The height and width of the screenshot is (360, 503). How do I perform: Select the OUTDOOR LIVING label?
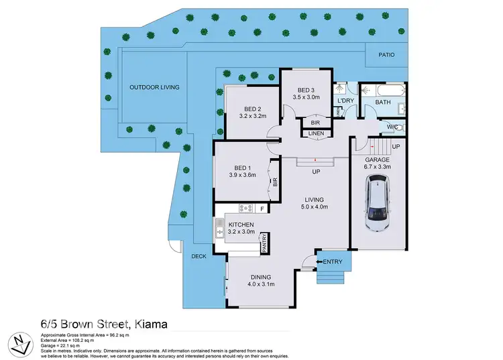[x=154, y=87]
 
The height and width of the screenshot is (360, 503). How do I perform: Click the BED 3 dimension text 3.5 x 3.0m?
[x=307, y=97]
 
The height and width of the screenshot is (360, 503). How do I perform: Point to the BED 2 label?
[x=252, y=109]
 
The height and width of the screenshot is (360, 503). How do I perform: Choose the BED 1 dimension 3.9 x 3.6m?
[x=243, y=175]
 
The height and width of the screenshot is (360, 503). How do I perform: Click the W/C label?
[x=392, y=127]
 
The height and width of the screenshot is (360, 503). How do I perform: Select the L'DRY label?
[x=345, y=101]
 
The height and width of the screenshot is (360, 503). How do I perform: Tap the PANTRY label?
[x=266, y=241]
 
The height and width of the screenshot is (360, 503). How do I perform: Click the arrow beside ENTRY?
[x=319, y=261]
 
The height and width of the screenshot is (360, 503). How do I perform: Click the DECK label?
[x=199, y=255]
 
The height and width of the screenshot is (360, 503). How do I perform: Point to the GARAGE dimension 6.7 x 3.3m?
[x=376, y=167]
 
